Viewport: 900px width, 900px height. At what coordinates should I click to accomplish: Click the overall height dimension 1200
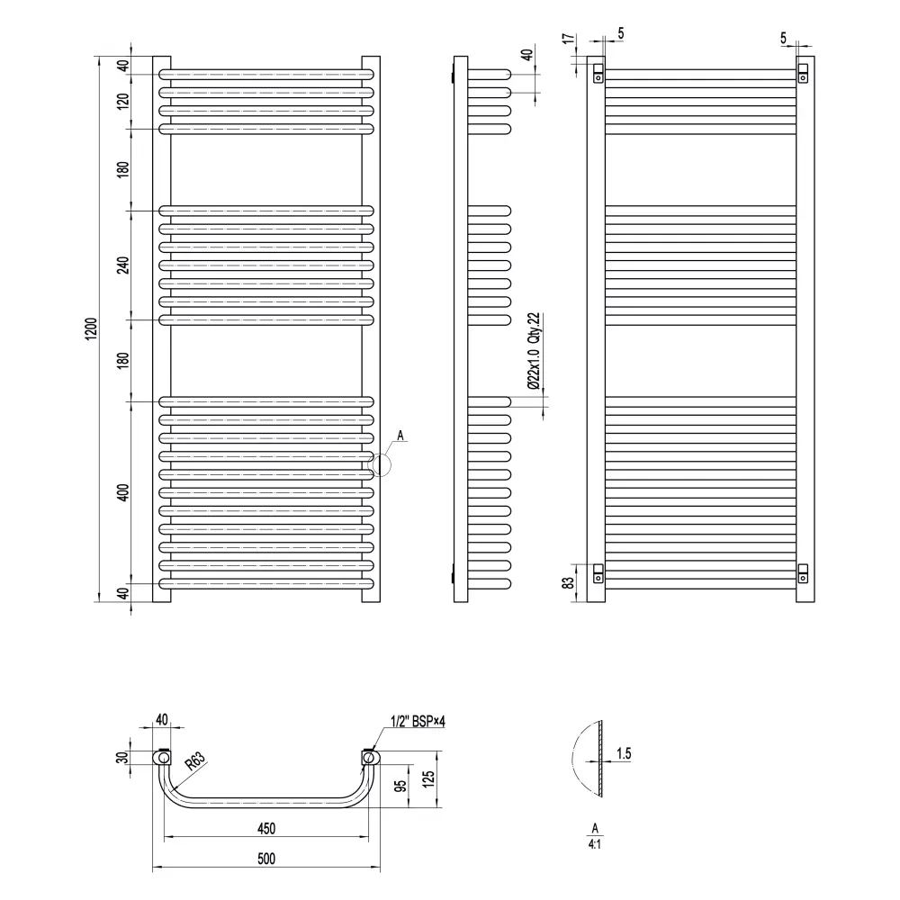click(x=92, y=328)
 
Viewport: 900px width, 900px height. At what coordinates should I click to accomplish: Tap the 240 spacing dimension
click(x=123, y=265)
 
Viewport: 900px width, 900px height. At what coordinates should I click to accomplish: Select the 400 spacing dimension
click(x=123, y=492)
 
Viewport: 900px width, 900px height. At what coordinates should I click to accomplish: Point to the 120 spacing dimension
click(x=123, y=101)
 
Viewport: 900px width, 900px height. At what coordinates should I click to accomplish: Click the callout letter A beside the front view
click(x=400, y=436)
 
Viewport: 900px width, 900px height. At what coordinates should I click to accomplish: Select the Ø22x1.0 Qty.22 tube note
click(x=534, y=351)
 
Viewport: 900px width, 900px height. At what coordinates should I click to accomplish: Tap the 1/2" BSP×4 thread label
click(x=418, y=721)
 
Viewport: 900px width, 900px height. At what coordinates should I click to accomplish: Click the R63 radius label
click(x=195, y=761)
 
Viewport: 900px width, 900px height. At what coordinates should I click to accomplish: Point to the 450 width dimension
click(x=266, y=828)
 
